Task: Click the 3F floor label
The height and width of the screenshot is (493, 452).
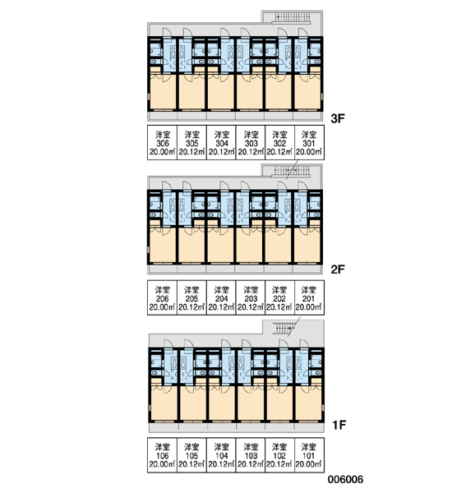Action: [x=338, y=118]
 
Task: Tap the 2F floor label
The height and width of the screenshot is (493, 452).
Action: [x=338, y=270]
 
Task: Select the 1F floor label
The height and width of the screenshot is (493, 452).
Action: [x=339, y=425]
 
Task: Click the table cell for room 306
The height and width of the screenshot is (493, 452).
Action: [x=162, y=143]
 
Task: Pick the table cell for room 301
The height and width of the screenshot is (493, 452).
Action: [x=309, y=143]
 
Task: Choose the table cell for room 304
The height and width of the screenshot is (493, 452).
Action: [x=221, y=143]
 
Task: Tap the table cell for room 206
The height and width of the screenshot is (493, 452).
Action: [x=162, y=297]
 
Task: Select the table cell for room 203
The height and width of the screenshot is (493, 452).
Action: [x=251, y=297]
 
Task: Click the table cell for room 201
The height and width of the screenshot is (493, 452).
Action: [x=309, y=297]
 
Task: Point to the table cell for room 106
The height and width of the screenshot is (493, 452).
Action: [x=162, y=455]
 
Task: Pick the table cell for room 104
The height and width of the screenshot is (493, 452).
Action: [x=221, y=455]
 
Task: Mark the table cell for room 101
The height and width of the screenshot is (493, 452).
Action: [x=309, y=455]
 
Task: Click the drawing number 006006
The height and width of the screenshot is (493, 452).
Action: [x=345, y=480]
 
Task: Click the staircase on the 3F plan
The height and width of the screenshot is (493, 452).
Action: [x=291, y=17]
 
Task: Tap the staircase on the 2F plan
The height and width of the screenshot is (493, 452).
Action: [x=291, y=170]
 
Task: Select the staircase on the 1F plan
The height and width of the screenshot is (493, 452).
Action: [x=285, y=329]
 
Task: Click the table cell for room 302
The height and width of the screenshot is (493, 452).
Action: [x=280, y=143]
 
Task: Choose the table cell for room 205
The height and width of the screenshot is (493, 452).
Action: [x=191, y=297]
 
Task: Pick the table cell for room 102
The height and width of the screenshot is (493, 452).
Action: [x=280, y=455]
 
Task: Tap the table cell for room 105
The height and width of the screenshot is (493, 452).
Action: [x=191, y=455]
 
